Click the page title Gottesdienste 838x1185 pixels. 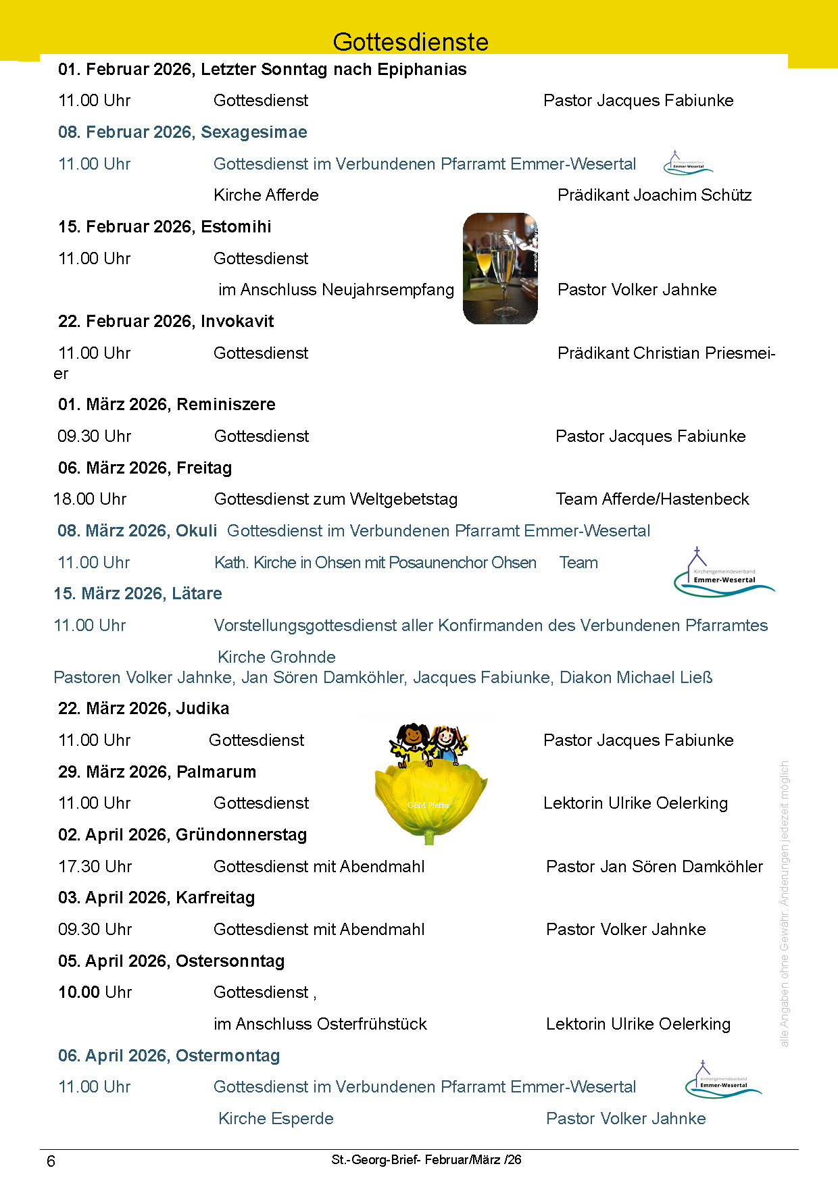tap(410, 42)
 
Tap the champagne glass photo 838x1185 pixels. tap(500, 268)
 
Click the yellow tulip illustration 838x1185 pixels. tap(430, 797)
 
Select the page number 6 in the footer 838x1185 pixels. tap(51, 1161)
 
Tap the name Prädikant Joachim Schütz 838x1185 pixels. tap(654, 195)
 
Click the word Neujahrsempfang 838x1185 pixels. tap(388, 290)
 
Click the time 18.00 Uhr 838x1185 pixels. tap(90, 499)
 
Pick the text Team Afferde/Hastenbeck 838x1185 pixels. tap(652, 499)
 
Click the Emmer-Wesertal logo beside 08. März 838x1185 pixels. tap(723, 574)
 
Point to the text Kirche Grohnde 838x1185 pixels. tap(276, 657)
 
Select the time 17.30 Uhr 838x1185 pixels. tap(95, 867)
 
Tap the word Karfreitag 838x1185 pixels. tap(216, 898)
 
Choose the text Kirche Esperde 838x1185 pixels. tap(276, 1119)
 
